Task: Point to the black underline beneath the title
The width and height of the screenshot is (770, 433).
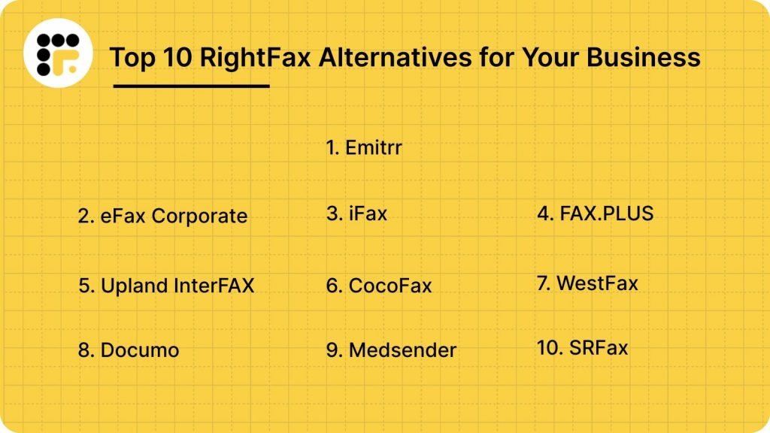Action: point(191,86)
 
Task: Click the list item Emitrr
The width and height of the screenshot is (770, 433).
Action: point(364,147)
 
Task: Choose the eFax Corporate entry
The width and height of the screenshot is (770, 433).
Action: point(162,216)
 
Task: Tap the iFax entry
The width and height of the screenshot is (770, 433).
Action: point(356,213)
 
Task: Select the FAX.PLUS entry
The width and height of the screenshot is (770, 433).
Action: point(595,213)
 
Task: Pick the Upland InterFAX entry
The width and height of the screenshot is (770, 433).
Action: point(166,286)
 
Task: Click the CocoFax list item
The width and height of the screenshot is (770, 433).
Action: point(379,286)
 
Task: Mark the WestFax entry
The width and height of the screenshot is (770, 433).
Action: point(587,283)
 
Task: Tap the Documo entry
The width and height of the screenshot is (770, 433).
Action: point(129,350)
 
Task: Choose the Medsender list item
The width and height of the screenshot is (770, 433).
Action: point(391,350)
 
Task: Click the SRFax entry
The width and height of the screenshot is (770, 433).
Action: point(582,347)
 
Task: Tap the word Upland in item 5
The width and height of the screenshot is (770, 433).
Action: point(126,286)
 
